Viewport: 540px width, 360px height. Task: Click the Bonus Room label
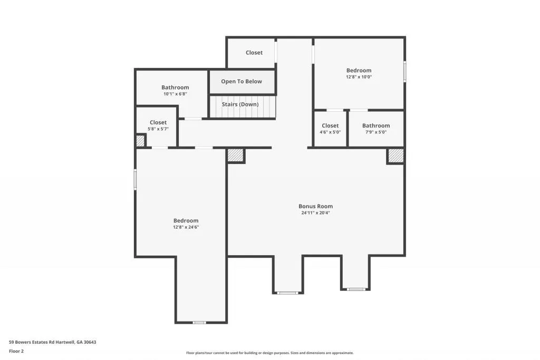pyautogui.click(x=315, y=206)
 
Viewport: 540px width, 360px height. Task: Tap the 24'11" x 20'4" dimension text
pyautogui.click(x=315, y=213)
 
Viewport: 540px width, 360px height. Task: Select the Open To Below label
pyautogui.click(x=241, y=82)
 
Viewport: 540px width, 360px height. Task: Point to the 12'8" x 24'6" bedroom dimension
pyautogui.click(x=186, y=227)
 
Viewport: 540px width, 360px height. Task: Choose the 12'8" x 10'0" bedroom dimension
pyautogui.click(x=359, y=77)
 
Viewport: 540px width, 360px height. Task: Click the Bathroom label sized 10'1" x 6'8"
pyautogui.click(x=175, y=87)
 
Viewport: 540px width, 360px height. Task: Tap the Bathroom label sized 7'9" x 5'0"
pyautogui.click(x=376, y=125)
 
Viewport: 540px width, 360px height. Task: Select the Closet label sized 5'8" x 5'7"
pyautogui.click(x=158, y=122)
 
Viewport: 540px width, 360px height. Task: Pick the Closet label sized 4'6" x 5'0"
pyautogui.click(x=330, y=125)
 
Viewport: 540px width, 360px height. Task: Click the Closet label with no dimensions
pyautogui.click(x=254, y=53)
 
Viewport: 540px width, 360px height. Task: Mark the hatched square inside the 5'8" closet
pyautogui.click(x=140, y=141)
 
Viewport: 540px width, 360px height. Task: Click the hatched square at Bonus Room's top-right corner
pyautogui.click(x=396, y=155)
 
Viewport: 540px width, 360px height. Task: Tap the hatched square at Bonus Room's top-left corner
pyautogui.click(x=236, y=155)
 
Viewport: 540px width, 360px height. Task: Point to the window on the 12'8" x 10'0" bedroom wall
pyautogui.click(x=405, y=72)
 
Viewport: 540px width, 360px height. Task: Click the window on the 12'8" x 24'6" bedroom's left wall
pyautogui.click(x=135, y=179)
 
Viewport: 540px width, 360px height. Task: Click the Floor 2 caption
pyautogui.click(x=17, y=351)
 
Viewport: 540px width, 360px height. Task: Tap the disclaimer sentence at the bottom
pyautogui.click(x=269, y=353)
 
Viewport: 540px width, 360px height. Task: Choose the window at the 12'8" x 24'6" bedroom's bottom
pyautogui.click(x=199, y=322)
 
